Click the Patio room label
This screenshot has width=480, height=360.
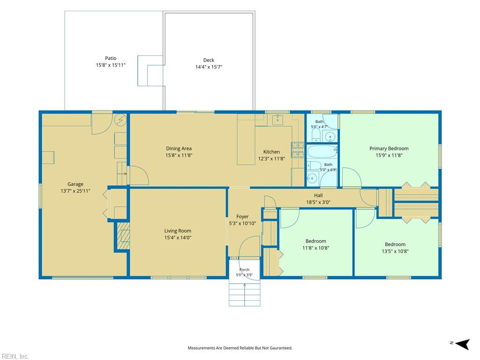coord(111,58)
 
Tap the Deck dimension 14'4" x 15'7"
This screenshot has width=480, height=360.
coord(209,67)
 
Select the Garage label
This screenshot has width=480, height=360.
coord(75,184)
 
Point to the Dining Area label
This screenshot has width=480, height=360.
coord(179,149)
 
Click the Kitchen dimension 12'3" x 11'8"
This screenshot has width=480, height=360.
coord(271,158)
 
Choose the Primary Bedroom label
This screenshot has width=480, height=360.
coord(389,149)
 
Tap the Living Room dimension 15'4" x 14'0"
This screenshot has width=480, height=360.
coord(178,238)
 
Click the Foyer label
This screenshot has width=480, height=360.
coord(242,217)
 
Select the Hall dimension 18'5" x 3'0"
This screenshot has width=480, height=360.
coord(318,202)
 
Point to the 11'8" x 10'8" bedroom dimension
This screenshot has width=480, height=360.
coord(315,248)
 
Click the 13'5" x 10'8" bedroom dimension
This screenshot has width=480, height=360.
coord(395,251)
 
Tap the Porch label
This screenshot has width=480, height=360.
coord(244,270)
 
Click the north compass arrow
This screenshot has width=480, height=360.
coord(462,344)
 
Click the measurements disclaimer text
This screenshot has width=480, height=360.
coord(240,348)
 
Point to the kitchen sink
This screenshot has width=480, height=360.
coord(277,120)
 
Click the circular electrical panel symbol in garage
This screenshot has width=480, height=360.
coord(120,120)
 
